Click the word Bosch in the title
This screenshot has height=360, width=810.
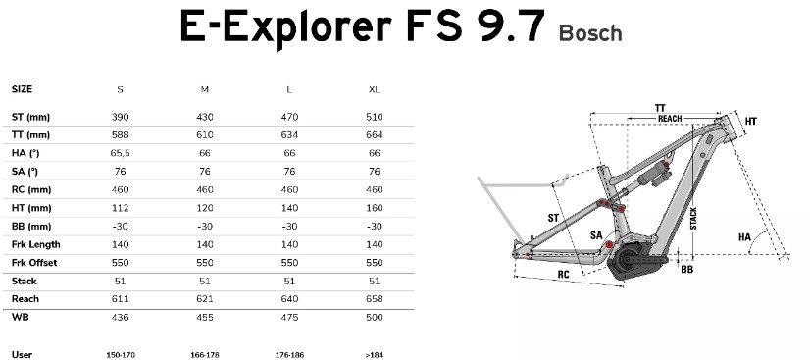tap(590, 33)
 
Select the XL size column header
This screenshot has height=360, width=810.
tap(375, 89)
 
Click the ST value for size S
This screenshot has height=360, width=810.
tap(120, 117)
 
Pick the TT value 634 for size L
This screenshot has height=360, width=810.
tap(289, 134)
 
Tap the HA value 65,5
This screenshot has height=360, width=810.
tap(120, 153)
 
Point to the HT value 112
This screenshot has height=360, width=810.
tap(120, 208)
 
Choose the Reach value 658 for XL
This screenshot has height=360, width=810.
tap(375, 299)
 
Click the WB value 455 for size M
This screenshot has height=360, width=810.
tap(205, 317)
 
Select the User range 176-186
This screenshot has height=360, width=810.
tap(289, 355)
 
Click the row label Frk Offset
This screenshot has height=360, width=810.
tap(34, 262)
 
